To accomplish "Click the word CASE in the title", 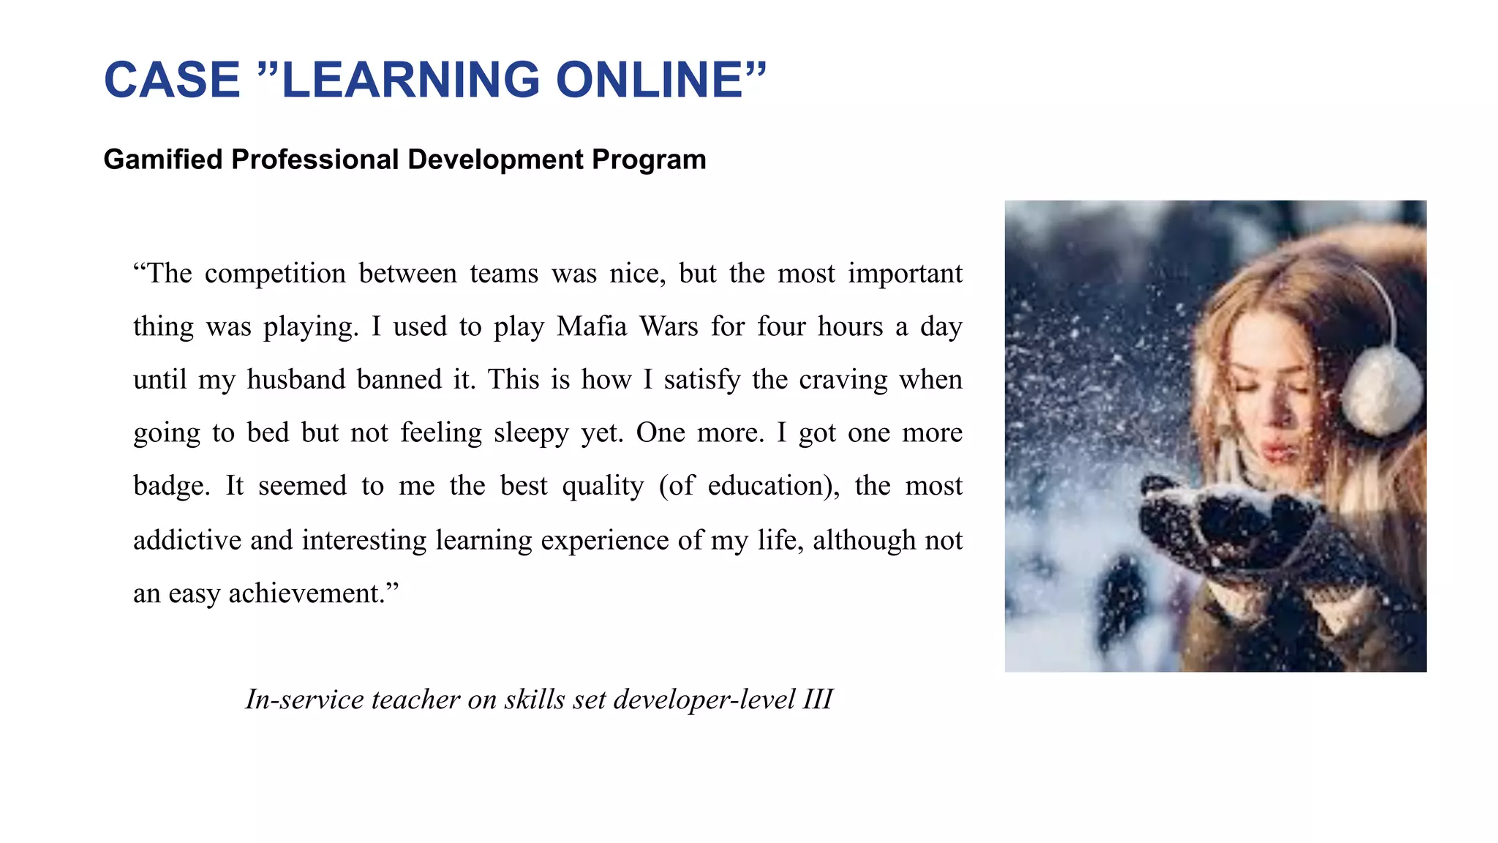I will (172, 80).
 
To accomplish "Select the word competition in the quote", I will (275, 274).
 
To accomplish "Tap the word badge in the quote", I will (170, 487).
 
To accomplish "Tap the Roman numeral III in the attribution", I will (817, 700).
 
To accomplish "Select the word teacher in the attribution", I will (415, 700).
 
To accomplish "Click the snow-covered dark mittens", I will (1243, 527).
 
